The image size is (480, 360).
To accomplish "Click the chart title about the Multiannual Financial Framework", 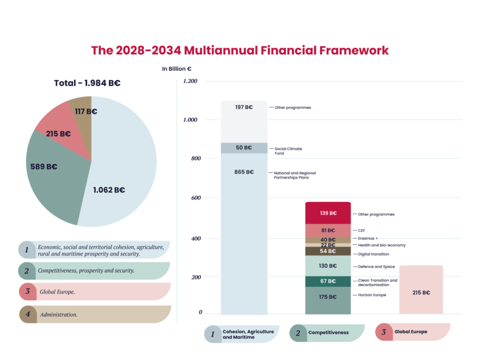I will click(x=240, y=50).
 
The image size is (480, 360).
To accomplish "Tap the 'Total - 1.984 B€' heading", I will click(x=87, y=83).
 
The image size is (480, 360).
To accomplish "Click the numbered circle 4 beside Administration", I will click(x=28, y=315).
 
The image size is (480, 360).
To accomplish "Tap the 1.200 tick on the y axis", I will click(x=190, y=81).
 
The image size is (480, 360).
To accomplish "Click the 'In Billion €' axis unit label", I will click(x=177, y=69).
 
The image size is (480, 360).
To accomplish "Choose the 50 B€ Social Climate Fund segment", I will click(x=244, y=148).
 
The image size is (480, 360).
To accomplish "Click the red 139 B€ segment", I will click(x=328, y=213).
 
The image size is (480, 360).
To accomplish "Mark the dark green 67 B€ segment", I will click(x=328, y=281).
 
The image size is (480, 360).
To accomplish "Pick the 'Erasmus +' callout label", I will click(x=368, y=238).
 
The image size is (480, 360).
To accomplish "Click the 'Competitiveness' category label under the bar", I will click(x=328, y=332).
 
